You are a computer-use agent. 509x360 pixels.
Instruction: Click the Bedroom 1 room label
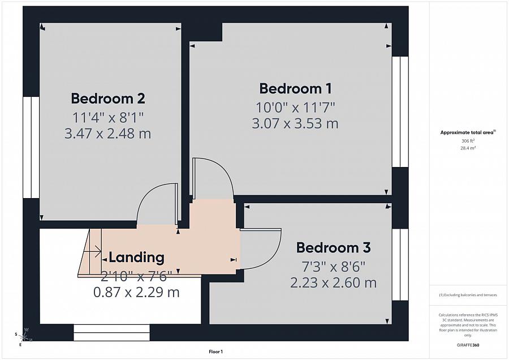[295, 88]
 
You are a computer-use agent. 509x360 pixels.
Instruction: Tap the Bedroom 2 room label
[108, 98]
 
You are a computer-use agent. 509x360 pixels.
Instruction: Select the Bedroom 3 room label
[333, 247]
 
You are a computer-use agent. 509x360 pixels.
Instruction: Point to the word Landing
[136, 258]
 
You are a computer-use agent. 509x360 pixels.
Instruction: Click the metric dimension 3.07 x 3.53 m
[295, 123]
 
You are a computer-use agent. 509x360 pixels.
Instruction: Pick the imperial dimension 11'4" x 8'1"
[108, 117]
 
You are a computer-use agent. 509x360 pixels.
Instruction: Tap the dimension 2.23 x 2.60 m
[333, 282]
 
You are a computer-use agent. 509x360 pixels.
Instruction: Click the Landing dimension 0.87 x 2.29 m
[136, 292]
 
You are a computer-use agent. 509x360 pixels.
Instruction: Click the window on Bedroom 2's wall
[31, 147]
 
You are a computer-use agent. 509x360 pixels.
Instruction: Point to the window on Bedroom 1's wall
[400, 112]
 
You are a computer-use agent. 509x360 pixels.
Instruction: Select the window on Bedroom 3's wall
[400, 264]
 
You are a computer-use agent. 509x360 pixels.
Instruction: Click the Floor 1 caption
[215, 352]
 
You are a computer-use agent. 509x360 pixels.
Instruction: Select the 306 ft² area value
[468, 141]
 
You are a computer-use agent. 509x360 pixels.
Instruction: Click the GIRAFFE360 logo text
[468, 344]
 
